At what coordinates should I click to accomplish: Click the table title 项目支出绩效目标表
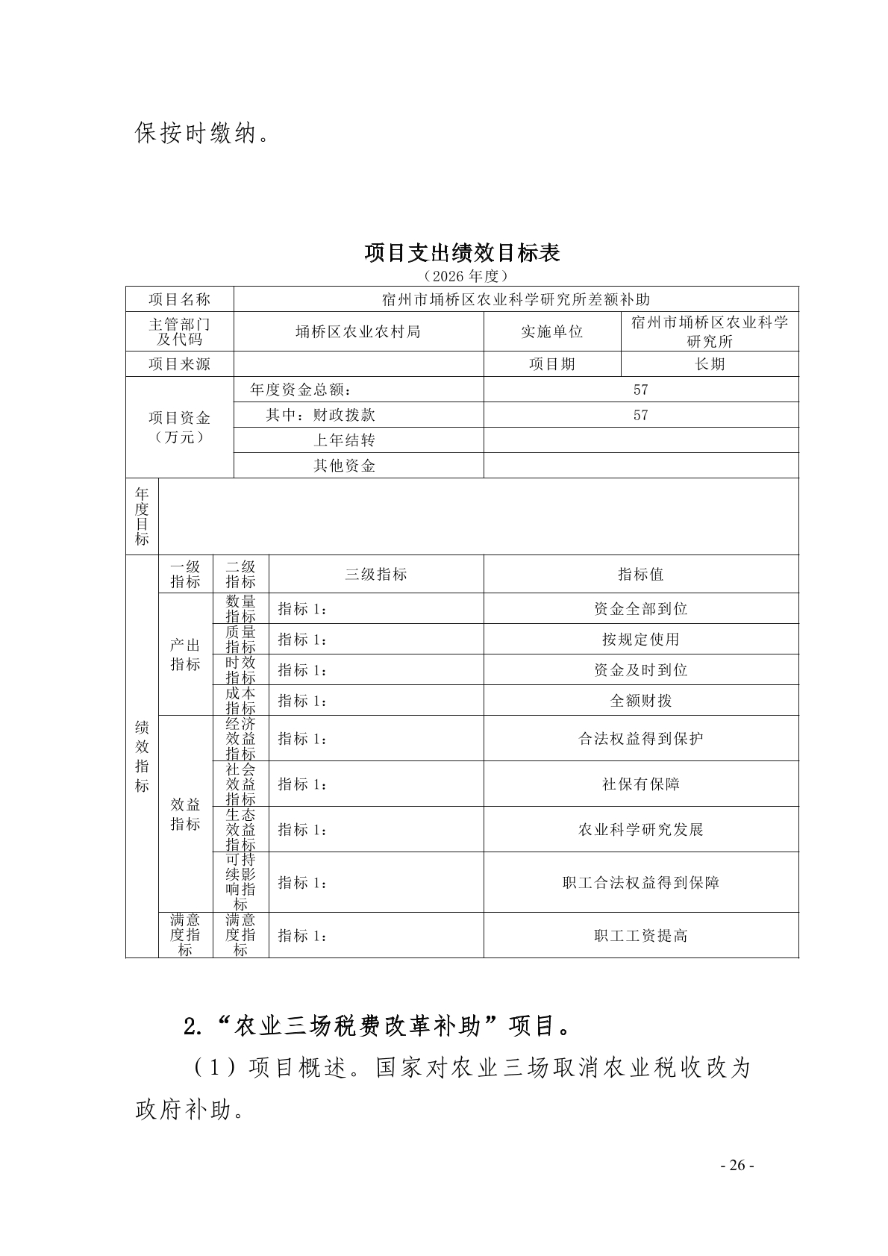(462, 253)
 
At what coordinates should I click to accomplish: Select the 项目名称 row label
(179, 299)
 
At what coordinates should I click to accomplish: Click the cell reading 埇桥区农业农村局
(358, 331)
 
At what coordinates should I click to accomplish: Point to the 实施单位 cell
(551, 331)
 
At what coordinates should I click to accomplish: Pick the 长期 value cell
(709, 364)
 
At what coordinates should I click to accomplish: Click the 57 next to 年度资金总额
(640, 390)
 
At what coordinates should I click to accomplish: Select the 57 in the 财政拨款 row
(640, 415)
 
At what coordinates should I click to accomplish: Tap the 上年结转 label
(344, 440)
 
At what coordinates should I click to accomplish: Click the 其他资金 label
(344, 466)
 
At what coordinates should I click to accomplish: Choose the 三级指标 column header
(376, 574)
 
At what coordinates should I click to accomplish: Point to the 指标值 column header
(640, 574)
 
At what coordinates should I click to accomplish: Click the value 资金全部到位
(640, 609)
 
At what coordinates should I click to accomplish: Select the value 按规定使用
(640, 640)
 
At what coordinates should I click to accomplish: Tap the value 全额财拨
(640, 701)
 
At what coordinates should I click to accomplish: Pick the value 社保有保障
(640, 784)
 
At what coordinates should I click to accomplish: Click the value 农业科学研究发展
(640, 830)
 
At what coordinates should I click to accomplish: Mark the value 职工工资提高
(640, 936)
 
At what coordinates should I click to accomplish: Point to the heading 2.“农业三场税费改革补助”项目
(377, 1027)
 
